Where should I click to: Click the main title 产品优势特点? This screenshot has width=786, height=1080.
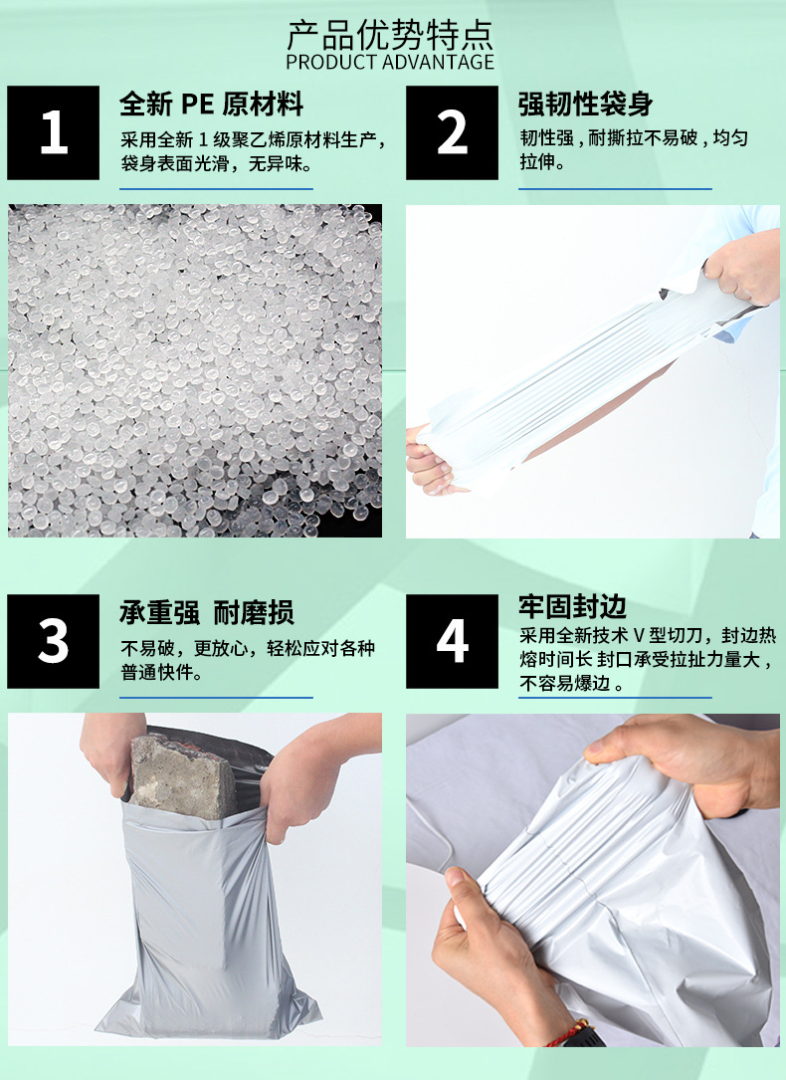click(x=390, y=35)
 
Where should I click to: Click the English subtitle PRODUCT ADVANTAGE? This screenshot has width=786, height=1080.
click(x=390, y=63)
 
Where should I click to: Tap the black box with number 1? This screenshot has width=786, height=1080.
click(x=54, y=133)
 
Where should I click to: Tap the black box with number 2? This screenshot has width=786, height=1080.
click(x=453, y=133)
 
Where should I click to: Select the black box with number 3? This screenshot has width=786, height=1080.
click(x=54, y=642)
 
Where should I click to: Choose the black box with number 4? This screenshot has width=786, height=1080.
click(x=453, y=642)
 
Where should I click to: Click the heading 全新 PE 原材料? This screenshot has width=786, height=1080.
click(x=211, y=104)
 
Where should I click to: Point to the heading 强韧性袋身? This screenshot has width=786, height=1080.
click(x=585, y=104)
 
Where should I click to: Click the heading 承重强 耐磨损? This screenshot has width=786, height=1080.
click(x=207, y=612)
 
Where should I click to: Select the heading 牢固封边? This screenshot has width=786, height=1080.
click(x=572, y=606)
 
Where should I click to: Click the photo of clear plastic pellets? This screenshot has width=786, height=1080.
click(x=195, y=370)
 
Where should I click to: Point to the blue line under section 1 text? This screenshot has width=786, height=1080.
click(x=216, y=188)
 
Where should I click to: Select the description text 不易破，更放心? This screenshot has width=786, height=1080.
click(x=189, y=649)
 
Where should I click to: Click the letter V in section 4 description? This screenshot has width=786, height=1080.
click(x=640, y=636)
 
